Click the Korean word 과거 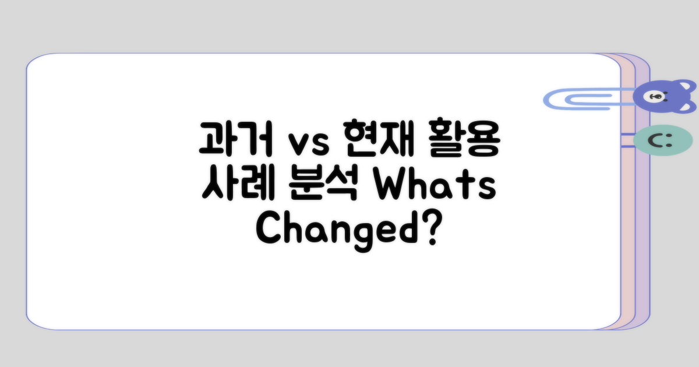[x=235, y=138]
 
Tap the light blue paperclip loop [x=574, y=99]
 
